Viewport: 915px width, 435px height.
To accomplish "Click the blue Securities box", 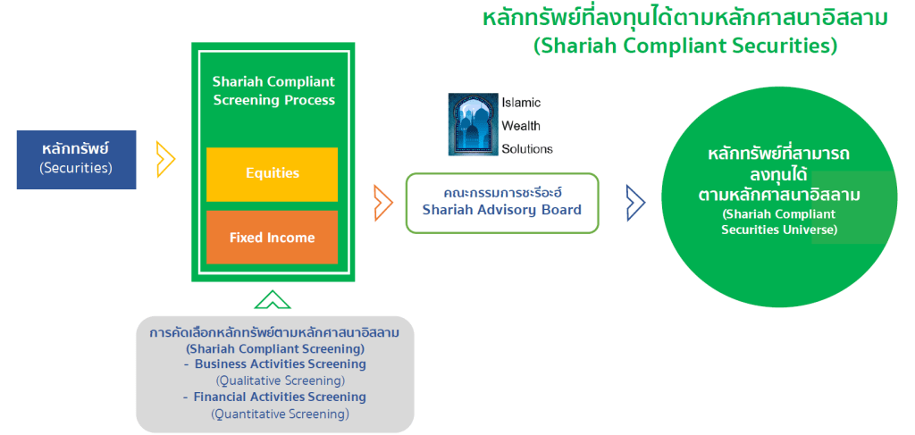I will click(x=76, y=159).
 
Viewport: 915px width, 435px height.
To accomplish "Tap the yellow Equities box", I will click(x=272, y=173).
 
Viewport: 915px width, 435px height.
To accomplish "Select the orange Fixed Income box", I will click(x=272, y=238).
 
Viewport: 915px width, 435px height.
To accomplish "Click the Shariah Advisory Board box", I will click(x=501, y=203).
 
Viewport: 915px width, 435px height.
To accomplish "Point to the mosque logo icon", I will click(x=474, y=124).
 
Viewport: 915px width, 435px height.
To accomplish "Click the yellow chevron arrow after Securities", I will click(x=165, y=160).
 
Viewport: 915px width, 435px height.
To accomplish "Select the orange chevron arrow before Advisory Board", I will click(x=383, y=203).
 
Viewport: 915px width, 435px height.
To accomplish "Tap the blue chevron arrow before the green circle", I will click(x=635, y=203).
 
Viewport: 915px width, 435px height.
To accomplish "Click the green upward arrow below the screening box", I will click(x=272, y=299).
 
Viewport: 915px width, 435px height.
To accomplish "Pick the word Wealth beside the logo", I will click(x=521, y=126).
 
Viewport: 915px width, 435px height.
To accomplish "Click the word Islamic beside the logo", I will click(x=521, y=103).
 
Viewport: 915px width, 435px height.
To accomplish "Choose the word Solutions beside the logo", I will click(x=527, y=149).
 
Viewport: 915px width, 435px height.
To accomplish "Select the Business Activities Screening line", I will click(x=280, y=364).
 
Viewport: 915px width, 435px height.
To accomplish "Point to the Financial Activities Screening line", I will click(x=280, y=397).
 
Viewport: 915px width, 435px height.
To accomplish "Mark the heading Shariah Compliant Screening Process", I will click(x=273, y=90).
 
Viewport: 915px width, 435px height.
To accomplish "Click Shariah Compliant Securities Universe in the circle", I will click(x=778, y=222).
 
